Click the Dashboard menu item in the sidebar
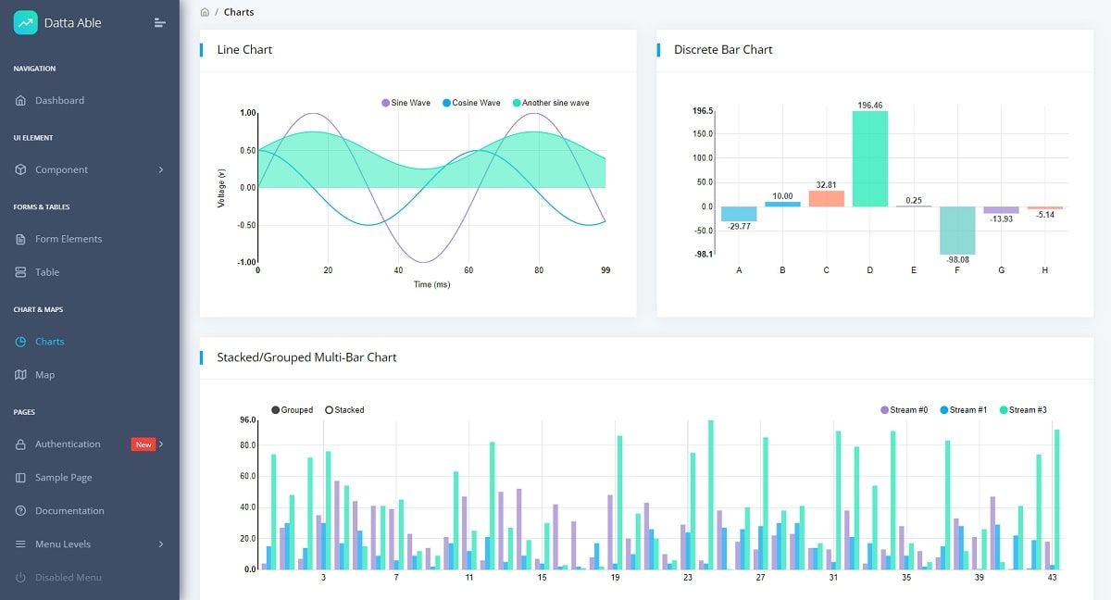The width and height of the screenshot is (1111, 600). [x=59, y=100]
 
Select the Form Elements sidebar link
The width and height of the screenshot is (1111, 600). [x=68, y=239]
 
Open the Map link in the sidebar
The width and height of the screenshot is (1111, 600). [x=44, y=375]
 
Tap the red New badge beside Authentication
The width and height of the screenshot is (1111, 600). [x=144, y=444]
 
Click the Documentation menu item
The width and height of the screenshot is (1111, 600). [x=69, y=511]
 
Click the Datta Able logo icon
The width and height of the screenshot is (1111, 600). [x=26, y=23]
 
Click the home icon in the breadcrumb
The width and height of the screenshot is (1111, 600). [x=205, y=12]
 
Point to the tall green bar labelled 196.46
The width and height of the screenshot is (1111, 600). [x=869, y=158]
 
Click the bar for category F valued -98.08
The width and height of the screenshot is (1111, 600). [x=957, y=230]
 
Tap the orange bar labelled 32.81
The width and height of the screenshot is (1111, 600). [x=826, y=198]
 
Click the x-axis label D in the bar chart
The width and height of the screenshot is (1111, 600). [x=869, y=270]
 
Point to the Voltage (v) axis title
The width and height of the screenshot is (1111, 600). [x=221, y=187]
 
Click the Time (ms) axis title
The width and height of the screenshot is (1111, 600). [x=431, y=284]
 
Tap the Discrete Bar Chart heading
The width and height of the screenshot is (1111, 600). [x=723, y=50]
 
